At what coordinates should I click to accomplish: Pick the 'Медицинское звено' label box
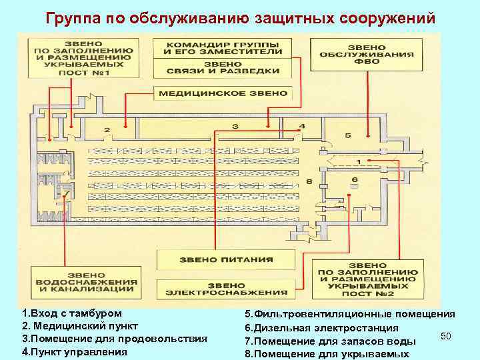(223, 93)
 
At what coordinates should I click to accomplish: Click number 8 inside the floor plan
(309, 181)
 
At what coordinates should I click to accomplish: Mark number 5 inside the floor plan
(348, 135)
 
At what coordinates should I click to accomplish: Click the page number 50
(447, 335)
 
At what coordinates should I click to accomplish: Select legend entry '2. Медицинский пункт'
(80, 326)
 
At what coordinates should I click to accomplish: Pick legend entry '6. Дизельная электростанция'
(322, 327)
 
